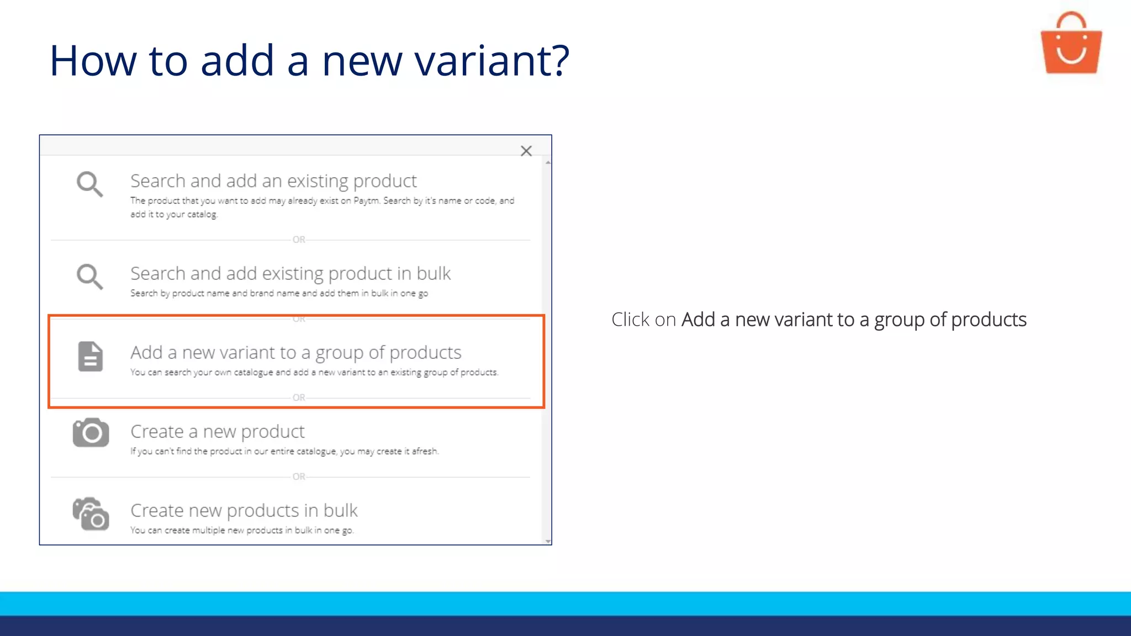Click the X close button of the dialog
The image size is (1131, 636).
tap(526, 151)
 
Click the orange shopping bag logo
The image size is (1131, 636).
tap(1071, 45)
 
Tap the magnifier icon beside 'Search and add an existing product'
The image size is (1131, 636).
tap(89, 184)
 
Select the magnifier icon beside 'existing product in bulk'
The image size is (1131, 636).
tap(89, 276)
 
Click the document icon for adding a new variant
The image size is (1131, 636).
tap(91, 356)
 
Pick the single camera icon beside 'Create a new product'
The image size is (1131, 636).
tap(91, 432)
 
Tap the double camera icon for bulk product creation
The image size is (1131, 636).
tap(91, 514)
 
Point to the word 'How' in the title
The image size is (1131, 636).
tap(93, 60)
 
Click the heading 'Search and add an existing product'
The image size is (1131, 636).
tap(273, 181)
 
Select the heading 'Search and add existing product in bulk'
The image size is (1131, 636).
tap(290, 273)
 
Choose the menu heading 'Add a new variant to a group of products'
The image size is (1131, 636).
tap(295, 352)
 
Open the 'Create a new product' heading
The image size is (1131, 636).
tap(217, 431)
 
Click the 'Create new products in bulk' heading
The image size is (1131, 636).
tap(244, 510)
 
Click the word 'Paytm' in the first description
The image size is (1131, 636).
tap(366, 200)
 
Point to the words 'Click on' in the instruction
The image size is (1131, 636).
tap(643, 320)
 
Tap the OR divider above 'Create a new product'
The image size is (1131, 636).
tap(299, 397)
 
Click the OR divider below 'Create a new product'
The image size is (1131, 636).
tap(299, 476)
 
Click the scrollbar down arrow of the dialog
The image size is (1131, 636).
tap(548, 541)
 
